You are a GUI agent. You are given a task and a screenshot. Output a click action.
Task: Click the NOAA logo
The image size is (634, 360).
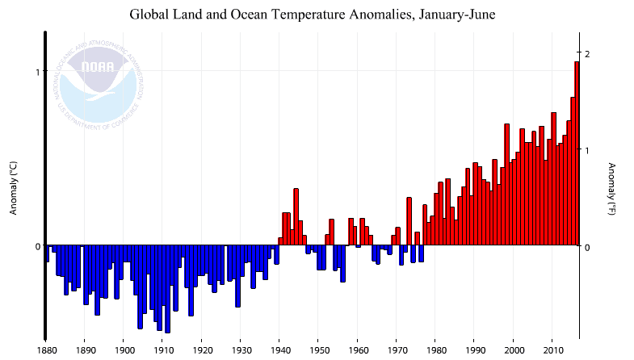[x=102, y=79]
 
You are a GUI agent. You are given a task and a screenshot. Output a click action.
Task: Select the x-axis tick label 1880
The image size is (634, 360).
[x=46, y=350]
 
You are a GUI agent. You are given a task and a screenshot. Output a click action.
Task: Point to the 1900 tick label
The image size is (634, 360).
[x=124, y=350]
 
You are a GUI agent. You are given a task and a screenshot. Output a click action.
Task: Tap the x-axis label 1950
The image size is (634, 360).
[x=319, y=350]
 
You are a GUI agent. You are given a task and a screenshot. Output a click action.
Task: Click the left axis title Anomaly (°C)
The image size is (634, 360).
[x=13, y=188]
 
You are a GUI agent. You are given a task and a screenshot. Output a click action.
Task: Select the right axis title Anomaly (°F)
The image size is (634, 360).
[x=611, y=188]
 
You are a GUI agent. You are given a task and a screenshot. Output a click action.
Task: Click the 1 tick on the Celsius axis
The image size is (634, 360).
[x=36, y=72]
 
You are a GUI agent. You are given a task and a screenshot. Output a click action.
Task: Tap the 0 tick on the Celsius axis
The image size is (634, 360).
[x=36, y=246]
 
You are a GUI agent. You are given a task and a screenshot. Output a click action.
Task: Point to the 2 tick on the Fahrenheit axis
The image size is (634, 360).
[x=588, y=53]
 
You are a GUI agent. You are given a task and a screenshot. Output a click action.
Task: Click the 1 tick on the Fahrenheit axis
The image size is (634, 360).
[x=588, y=150]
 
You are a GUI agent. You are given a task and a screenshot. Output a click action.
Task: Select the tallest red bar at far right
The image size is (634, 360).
[x=577, y=153]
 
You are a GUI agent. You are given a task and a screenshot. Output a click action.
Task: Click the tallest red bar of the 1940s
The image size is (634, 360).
[x=296, y=216]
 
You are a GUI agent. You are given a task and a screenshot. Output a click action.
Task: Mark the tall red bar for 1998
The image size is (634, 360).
[x=506, y=184]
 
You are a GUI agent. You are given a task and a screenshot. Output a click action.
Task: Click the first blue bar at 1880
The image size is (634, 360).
[x=47, y=253]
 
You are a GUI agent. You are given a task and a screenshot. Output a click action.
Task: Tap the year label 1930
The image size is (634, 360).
[x=241, y=350]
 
